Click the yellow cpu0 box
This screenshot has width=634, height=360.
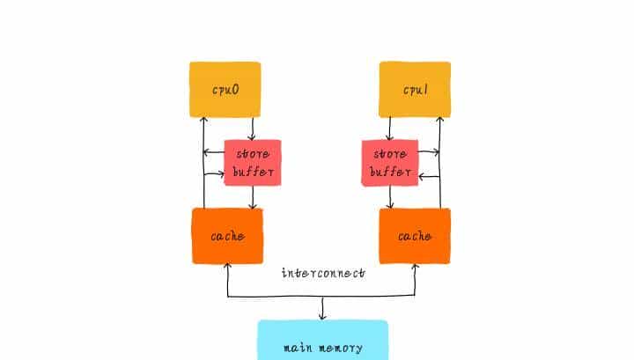point(225,90)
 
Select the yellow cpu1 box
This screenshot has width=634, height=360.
point(415,90)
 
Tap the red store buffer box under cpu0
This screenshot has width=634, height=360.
point(252,162)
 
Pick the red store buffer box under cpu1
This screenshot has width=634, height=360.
point(388,162)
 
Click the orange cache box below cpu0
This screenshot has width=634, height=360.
point(227,236)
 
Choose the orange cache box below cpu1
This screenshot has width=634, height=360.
point(415,236)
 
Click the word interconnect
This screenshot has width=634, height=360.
point(322,273)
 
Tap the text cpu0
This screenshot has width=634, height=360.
point(225,90)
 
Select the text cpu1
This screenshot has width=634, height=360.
point(415,90)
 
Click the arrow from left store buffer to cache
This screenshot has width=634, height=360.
point(253,197)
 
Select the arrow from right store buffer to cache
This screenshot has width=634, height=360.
point(390,197)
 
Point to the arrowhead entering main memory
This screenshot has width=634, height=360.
point(322,316)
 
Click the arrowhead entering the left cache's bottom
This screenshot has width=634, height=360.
point(228,268)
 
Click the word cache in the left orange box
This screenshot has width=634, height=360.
point(227,236)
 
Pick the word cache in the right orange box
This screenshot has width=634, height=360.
point(415,236)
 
